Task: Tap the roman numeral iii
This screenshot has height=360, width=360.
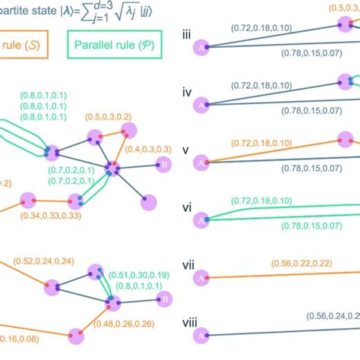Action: click(186, 34)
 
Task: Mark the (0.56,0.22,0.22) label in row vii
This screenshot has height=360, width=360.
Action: click(301, 262)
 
